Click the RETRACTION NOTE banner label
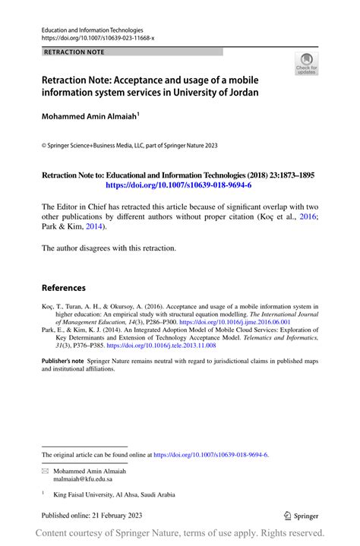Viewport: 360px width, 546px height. [74, 52]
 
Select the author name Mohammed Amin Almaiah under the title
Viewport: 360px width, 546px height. [90, 118]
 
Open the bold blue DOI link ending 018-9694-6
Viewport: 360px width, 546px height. [178, 185]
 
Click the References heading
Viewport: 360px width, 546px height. [63, 288]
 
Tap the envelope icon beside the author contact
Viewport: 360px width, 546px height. [45, 471]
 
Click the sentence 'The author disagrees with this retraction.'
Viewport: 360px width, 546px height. [109, 248]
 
